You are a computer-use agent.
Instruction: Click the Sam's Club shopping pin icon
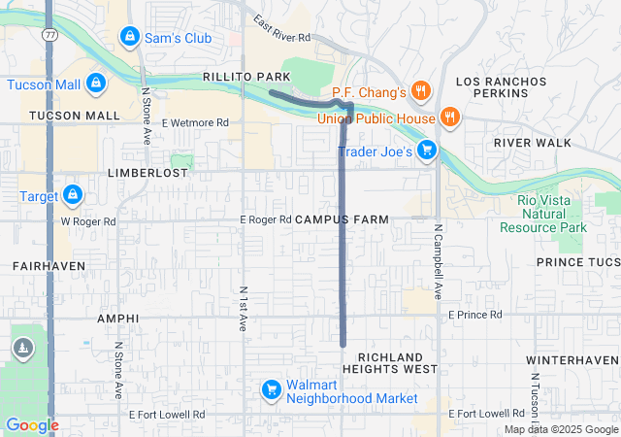click(x=128, y=37)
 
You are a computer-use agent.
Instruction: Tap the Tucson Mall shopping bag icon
click(x=95, y=84)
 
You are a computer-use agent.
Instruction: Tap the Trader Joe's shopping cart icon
click(x=428, y=151)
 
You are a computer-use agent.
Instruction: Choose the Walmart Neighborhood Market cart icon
click(x=271, y=390)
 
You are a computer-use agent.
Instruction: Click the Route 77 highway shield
click(x=49, y=34)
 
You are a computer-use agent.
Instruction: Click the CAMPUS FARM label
click(x=342, y=219)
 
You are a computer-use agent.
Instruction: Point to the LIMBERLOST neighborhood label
click(x=147, y=172)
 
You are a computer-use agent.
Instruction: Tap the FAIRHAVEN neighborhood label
click(x=49, y=265)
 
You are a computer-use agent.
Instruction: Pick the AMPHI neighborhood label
click(x=118, y=319)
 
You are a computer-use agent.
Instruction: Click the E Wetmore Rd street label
click(x=195, y=123)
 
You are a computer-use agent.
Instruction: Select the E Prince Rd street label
click(x=474, y=315)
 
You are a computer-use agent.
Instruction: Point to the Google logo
click(x=32, y=425)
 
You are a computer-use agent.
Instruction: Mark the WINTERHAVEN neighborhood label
click(x=572, y=360)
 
